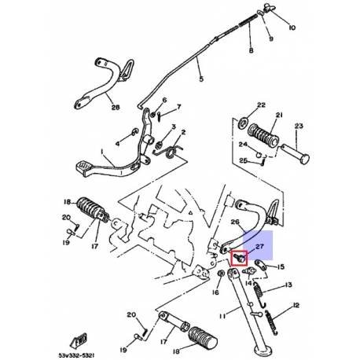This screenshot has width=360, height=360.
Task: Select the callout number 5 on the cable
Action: pos(200,79)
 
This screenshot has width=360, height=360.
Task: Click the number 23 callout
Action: pos(298,126)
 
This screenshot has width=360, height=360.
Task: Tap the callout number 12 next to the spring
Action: pos(296,306)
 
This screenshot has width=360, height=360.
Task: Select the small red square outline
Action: pos(240,256)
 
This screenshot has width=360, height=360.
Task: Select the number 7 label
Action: pos(178,107)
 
